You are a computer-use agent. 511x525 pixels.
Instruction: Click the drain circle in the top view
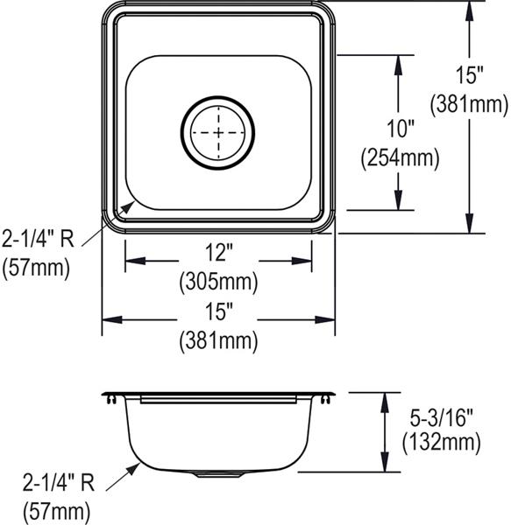[218, 97]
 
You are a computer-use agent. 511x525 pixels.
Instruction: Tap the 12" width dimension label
[219, 252]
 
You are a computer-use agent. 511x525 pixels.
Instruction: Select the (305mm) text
[218, 282]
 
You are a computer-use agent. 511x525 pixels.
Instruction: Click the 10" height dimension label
[401, 129]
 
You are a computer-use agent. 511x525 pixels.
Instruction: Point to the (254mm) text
[400, 158]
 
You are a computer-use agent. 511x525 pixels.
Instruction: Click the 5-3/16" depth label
[441, 418]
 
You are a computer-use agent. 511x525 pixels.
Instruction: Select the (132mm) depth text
[441, 442]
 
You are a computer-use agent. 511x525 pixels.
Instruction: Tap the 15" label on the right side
[470, 74]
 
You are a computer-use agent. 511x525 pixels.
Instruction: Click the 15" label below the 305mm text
[219, 311]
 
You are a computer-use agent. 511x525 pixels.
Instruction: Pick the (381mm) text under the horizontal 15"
[218, 341]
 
